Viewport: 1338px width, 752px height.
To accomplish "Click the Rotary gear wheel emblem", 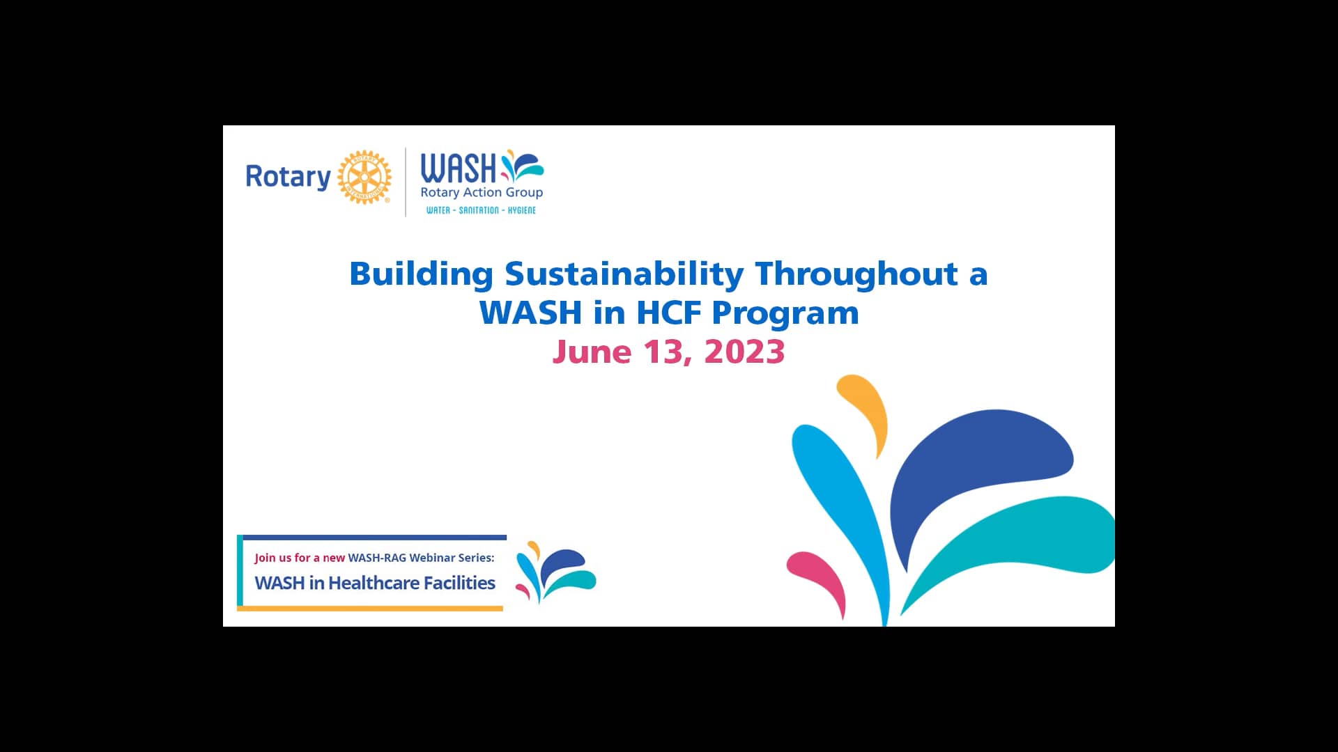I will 364,177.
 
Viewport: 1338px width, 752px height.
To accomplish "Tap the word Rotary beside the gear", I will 288,177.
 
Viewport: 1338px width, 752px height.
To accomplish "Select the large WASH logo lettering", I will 458,169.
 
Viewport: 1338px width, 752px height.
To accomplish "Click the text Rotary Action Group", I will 481,192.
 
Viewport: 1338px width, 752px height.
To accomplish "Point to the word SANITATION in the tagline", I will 479,210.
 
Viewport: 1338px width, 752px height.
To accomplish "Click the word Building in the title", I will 421,274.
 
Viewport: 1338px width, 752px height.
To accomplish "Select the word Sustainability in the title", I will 624,274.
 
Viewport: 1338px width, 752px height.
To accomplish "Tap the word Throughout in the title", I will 856,274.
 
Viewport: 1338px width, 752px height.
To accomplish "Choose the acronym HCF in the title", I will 668,313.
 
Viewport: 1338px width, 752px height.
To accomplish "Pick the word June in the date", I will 592,352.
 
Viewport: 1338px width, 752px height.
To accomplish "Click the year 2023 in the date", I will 744,352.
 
